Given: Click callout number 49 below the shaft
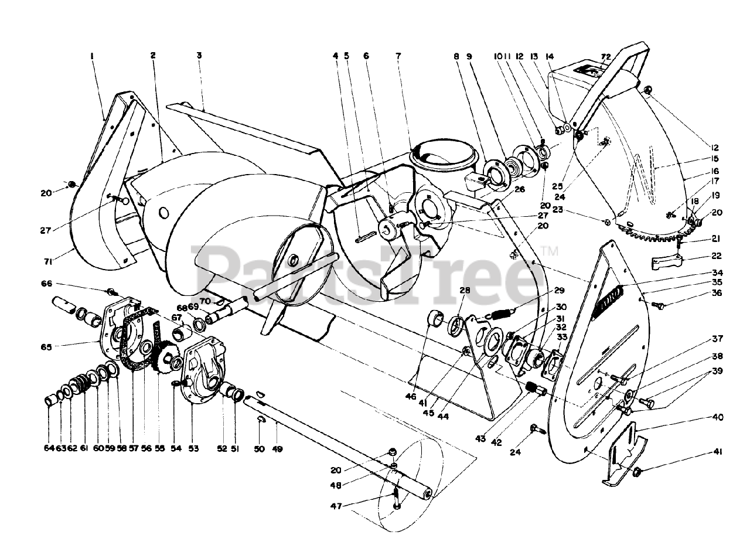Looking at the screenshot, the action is click(x=277, y=449).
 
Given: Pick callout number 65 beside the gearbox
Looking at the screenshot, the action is click(x=46, y=347).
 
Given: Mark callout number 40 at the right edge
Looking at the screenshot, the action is click(x=718, y=418).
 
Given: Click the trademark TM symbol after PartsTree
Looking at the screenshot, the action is click(x=550, y=252).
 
